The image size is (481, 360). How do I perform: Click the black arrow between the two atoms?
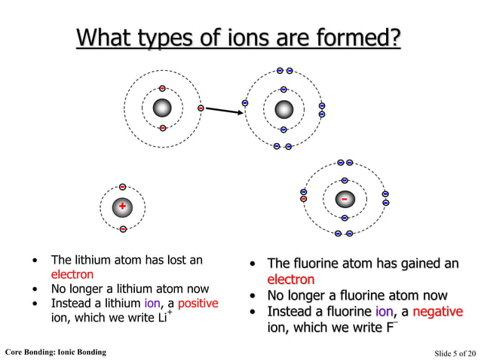(223, 111)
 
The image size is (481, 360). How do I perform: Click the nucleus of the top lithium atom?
(162, 108)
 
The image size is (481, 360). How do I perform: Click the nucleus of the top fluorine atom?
(283, 109)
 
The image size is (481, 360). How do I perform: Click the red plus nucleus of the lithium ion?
(122, 207)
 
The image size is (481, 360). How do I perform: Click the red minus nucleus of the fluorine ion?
(345, 200)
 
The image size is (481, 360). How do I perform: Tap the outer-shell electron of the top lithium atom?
(201, 108)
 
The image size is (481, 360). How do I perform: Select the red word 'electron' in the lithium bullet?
(72, 275)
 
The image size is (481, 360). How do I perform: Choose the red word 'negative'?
(437, 312)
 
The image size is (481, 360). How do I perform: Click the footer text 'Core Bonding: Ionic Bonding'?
(55, 352)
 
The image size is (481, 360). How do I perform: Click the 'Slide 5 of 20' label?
(455, 352)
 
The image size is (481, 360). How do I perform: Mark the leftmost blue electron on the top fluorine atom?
(245, 102)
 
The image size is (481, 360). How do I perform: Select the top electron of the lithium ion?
(122, 187)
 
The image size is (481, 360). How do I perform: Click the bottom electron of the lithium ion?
(122, 228)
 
